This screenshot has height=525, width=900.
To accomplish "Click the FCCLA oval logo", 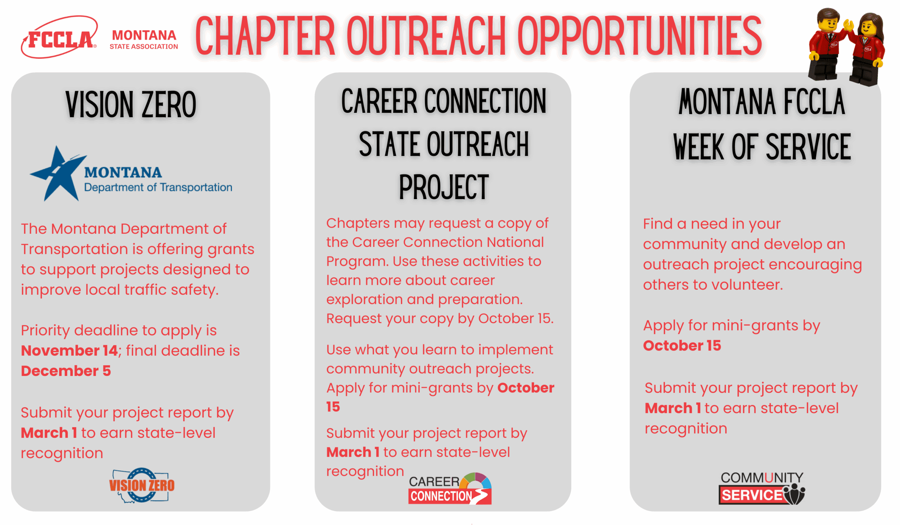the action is pyautogui.click(x=59, y=37).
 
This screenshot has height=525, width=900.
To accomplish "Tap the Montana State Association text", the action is pyautogui.click(x=144, y=40).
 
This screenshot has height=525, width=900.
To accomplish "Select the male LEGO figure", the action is pyautogui.click(x=826, y=44).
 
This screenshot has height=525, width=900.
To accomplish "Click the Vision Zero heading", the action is pyautogui.click(x=131, y=104).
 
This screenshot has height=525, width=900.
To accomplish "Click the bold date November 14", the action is pyautogui.click(x=69, y=351).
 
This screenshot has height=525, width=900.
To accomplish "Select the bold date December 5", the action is pyautogui.click(x=66, y=371).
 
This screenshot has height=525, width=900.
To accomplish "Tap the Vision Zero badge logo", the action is pyautogui.click(x=142, y=485).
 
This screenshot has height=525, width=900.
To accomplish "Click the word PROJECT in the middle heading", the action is pyautogui.click(x=444, y=187).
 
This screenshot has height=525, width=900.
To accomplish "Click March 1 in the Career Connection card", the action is pyautogui.click(x=353, y=453).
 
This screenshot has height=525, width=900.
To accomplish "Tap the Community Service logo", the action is pyautogui.click(x=762, y=488).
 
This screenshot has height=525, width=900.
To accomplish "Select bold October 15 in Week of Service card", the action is pyautogui.click(x=682, y=346).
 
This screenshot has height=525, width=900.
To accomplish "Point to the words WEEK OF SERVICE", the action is pyautogui.click(x=762, y=147).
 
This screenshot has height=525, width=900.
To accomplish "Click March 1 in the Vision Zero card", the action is pyautogui.click(x=49, y=433).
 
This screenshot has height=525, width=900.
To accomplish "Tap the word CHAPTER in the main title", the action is pyautogui.click(x=265, y=36).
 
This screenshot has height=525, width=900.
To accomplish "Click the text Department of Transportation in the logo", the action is pyautogui.click(x=158, y=187).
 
